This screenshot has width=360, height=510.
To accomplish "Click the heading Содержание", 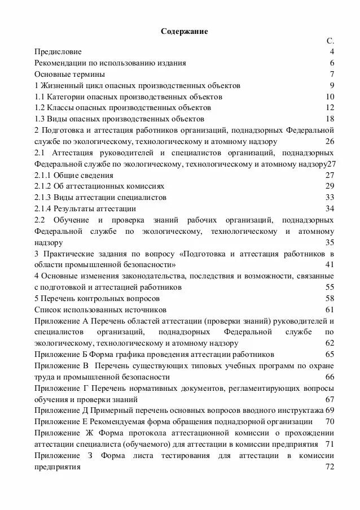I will (185, 32).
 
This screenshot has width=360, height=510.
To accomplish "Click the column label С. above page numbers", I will (330, 42).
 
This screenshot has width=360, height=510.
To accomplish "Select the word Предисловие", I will (58, 52).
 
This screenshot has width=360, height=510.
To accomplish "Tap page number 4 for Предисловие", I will (332, 52).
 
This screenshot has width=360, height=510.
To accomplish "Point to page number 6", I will (332, 63).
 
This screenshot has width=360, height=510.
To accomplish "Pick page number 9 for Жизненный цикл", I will (332, 85).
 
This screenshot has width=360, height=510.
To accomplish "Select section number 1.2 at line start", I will (39, 107).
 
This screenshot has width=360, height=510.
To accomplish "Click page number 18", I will (330, 119).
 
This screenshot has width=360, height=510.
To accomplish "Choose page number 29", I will (330, 186).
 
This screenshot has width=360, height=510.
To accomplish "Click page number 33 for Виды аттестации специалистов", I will (330, 197).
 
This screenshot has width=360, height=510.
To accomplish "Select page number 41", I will (330, 264).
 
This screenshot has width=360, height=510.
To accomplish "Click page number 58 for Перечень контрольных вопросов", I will (330, 298).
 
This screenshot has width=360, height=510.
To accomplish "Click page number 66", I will (330, 377).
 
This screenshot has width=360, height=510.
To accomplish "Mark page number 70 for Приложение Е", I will (330, 421).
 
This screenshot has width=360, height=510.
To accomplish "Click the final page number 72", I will (330, 467).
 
